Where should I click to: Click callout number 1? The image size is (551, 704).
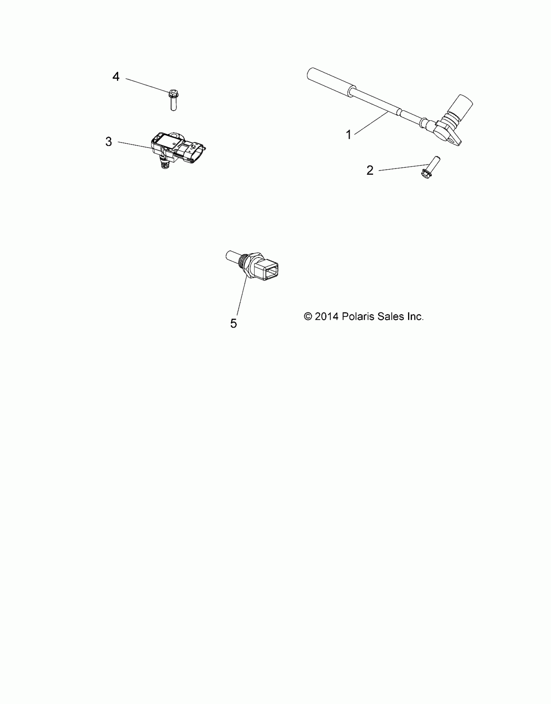[x=349, y=135]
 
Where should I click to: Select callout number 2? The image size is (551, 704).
[x=370, y=170]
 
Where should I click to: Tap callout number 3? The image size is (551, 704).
[x=109, y=142]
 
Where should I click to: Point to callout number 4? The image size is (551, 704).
[x=116, y=77]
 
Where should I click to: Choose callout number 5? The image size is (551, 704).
[x=234, y=323]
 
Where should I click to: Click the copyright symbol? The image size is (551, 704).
[x=308, y=316]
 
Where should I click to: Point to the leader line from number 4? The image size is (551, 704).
[x=147, y=86]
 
